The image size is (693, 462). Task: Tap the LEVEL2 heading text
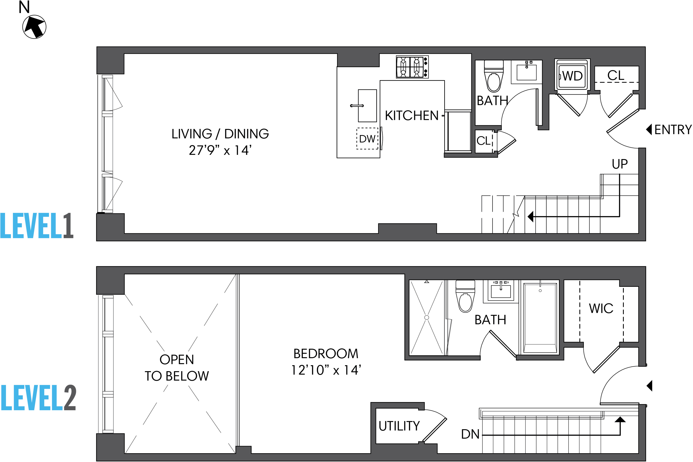click(x=38, y=398)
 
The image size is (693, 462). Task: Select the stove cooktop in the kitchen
click(x=412, y=67)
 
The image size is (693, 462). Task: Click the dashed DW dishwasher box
click(x=367, y=139)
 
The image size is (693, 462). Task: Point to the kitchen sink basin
click(x=367, y=105)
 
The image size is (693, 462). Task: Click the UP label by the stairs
click(x=619, y=164)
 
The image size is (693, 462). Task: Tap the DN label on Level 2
click(x=470, y=434)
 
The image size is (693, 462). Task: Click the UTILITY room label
click(x=399, y=426)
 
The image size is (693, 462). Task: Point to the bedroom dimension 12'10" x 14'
click(x=326, y=370)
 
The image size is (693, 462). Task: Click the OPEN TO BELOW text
click(x=177, y=368)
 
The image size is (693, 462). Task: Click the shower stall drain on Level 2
click(x=426, y=317)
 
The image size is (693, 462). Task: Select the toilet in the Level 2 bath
click(x=465, y=298)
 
